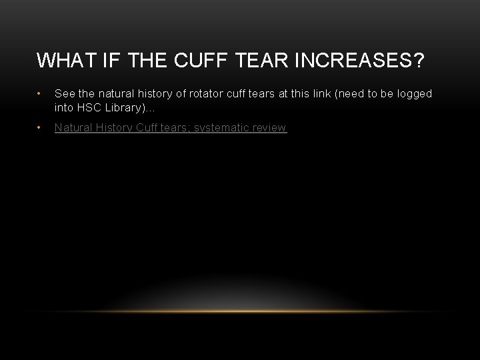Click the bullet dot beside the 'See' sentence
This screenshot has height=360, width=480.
(41, 94)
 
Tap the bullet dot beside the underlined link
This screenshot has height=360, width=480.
(41, 127)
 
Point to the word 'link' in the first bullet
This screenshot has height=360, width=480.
(306, 94)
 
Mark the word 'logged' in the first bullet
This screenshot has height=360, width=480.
(415, 94)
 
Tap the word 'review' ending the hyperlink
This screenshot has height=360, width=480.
(269, 127)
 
